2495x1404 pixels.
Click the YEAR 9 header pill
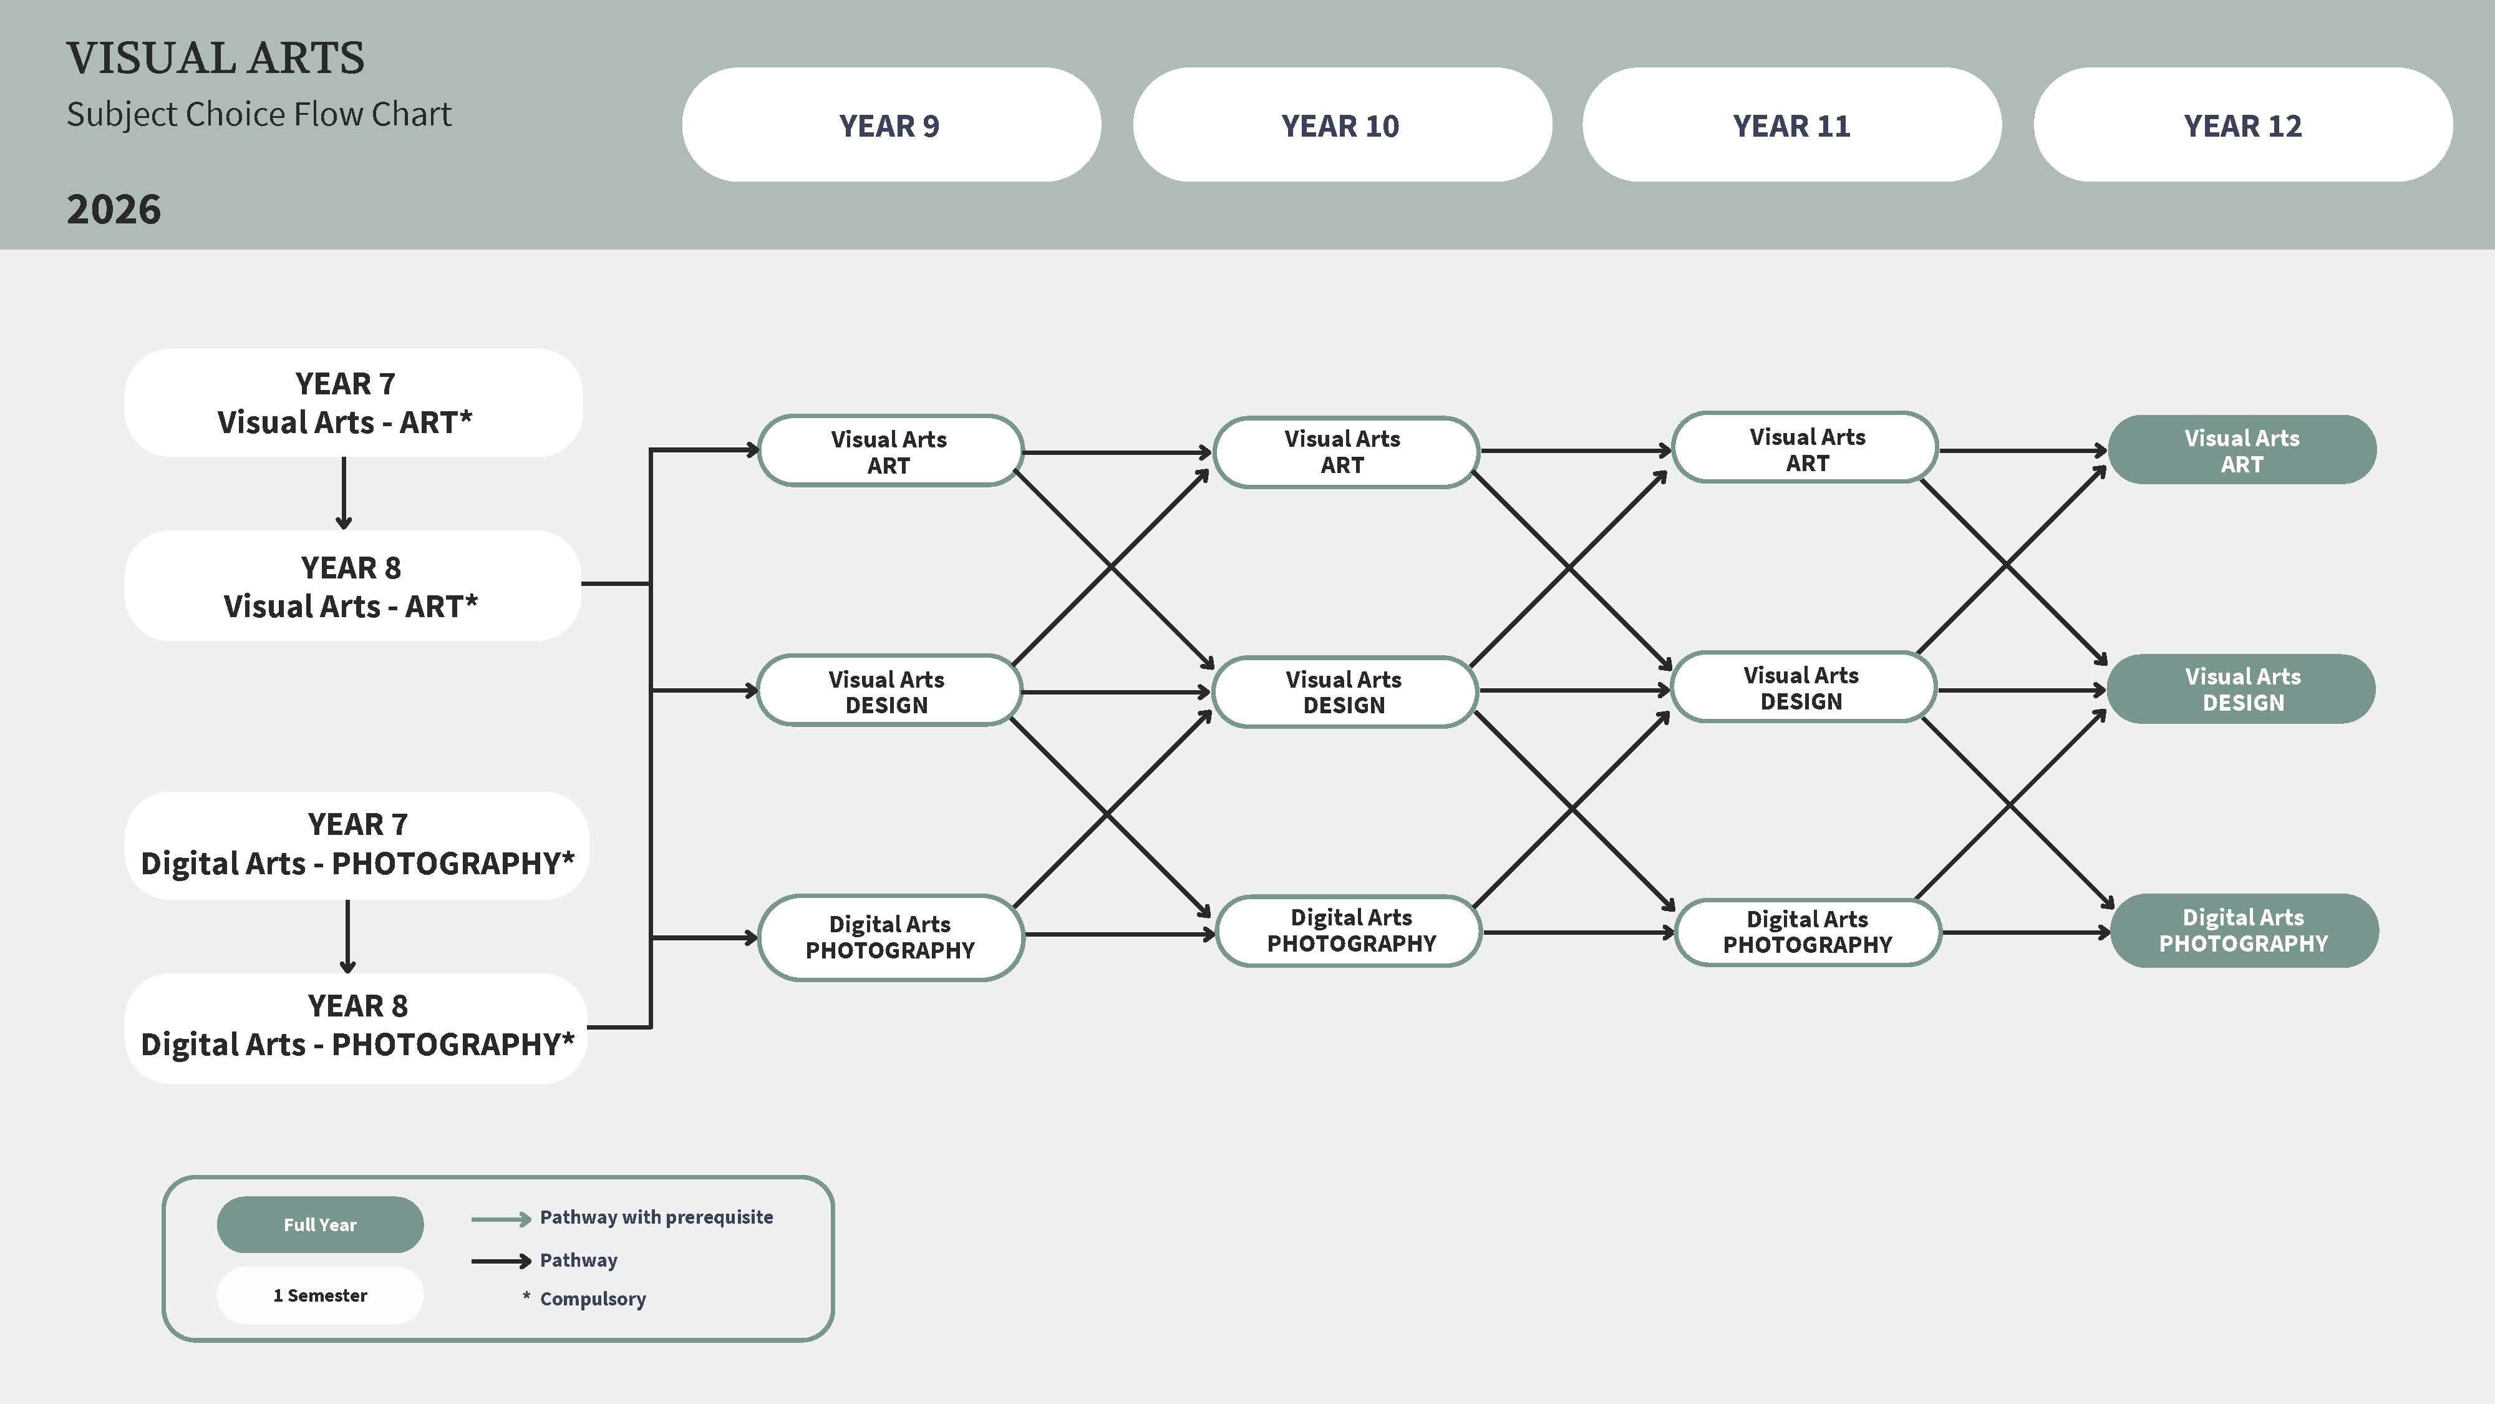891,125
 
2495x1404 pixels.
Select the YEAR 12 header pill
2243,125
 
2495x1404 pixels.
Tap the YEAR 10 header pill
1342,125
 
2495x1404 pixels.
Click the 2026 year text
114,209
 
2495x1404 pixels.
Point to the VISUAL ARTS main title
215,58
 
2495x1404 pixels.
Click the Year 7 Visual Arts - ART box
354,402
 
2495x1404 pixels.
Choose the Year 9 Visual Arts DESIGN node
888,691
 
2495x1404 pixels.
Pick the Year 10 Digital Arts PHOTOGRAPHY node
1349,930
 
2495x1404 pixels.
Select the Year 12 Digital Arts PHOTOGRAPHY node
2244,930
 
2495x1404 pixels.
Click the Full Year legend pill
319,1225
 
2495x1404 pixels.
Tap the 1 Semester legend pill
319,1295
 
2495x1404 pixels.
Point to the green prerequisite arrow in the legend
501,1219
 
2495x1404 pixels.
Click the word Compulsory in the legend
593,1299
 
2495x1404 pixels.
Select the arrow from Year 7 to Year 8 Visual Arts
344,493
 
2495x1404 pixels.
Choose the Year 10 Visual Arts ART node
1346,452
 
